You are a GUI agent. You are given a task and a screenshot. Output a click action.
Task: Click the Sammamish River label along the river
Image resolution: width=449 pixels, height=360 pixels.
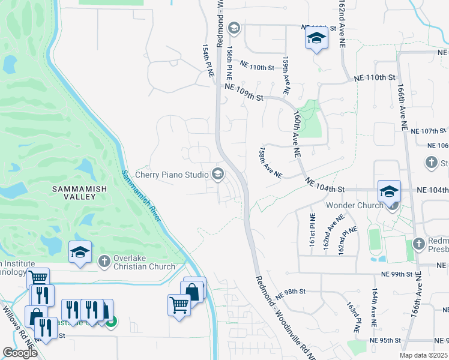tap(142, 195)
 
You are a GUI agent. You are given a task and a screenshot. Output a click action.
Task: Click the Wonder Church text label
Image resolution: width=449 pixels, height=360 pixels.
tap(354, 206)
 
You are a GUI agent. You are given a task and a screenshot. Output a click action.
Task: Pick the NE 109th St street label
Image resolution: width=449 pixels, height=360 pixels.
tap(244, 92)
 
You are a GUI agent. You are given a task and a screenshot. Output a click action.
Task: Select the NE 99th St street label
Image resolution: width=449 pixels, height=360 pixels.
tap(397, 274)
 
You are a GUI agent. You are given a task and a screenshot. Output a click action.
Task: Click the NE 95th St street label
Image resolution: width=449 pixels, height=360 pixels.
tap(385, 340)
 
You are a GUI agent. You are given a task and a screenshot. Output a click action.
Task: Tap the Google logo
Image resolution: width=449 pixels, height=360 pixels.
tap(20, 353)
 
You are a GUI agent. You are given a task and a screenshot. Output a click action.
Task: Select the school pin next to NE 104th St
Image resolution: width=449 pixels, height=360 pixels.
tap(389, 191)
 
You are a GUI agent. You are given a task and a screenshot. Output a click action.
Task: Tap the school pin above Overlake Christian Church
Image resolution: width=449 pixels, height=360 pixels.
tap(79, 253)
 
